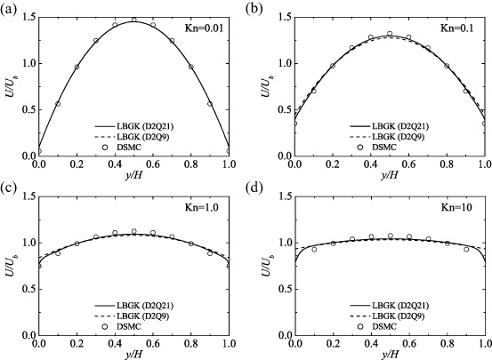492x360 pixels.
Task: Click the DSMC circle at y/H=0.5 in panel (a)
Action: pyautogui.click(x=133, y=20)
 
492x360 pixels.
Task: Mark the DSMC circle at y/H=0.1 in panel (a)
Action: pyautogui.click(x=58, y=103)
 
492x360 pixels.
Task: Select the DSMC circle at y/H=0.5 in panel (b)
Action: pyautogui.click(x=390, y=34)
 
